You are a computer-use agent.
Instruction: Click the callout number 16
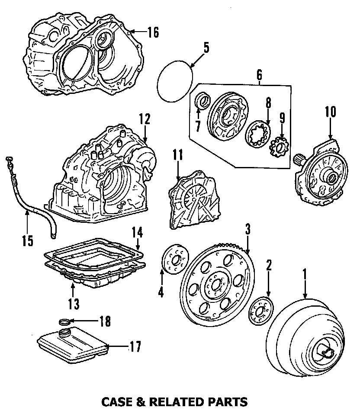click(x=153, y=32)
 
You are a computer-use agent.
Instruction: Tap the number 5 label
click(x=206, y=47)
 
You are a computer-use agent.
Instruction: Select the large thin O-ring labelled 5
click(x=174, y=82)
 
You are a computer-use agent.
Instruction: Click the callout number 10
click(x=330, y=111)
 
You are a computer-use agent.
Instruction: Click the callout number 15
click(x=27, y=241)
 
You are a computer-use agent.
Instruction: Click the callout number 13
click(x=74, y=304)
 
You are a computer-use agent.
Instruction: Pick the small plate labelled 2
click(x=261, y=311)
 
